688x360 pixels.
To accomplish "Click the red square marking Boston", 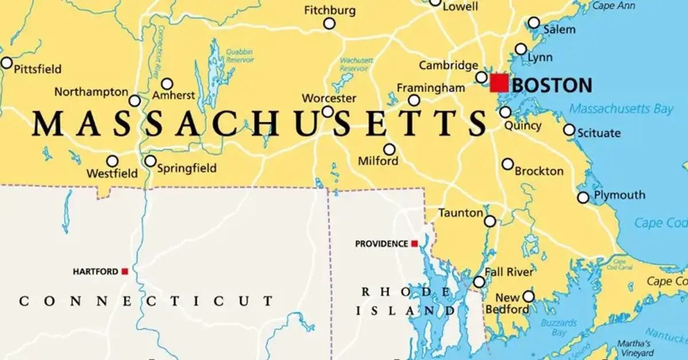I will [x=499, y=83].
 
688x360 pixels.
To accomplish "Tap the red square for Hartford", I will [x=124, y=271].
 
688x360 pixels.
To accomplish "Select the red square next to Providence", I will [x=414, y=244].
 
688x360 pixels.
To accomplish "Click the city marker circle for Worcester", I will [x=327, y=111].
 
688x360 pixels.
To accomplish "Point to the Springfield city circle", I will [x=150, y=161].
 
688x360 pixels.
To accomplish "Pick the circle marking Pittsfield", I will [x=6, y=62].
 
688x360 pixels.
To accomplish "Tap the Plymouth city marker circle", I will [x=583, y=197].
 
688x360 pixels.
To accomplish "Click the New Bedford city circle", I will [x=528, y=296].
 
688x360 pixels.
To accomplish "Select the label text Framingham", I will [x=431, y=88].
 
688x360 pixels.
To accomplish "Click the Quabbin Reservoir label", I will [x=240, y=56].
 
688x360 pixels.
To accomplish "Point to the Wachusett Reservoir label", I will [x=356, y=64].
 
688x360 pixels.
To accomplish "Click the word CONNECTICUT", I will [x=146, y=301].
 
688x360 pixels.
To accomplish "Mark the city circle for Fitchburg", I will [x=329, y=24].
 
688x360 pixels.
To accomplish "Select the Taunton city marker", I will [x=490, y=221].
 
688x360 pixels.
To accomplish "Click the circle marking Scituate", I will [x=569, y=130].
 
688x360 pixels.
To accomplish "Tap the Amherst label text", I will [x=173, y=96].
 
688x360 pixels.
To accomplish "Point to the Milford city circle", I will [x=389, y=150].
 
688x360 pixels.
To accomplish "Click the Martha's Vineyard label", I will [x=634, y=349].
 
